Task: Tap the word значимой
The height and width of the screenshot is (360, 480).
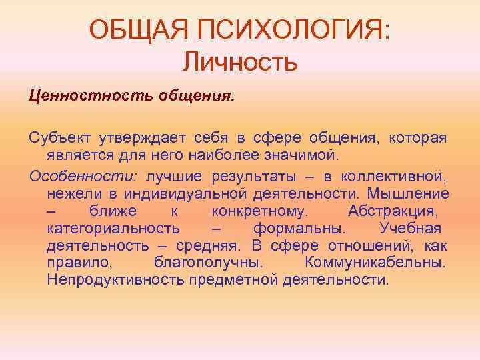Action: click(x=304, y=156)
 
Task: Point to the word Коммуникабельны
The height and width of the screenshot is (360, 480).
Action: click(x=375, y=263)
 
